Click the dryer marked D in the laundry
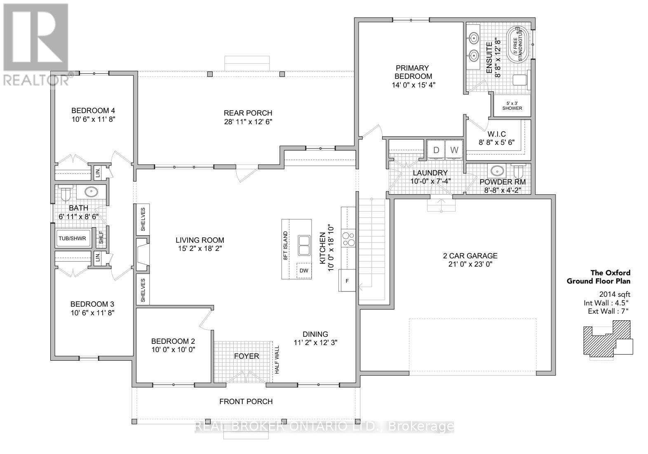(436, 150)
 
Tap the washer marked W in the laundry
(454, 150)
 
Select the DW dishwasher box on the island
(304, 271)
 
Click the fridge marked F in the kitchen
(347, 281)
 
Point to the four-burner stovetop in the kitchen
(348, 238)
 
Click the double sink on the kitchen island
(304, 245)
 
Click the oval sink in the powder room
(497, 171)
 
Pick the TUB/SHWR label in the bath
(72, 239)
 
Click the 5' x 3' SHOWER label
(512, 106)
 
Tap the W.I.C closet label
(496, 134)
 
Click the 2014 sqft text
(615, 294)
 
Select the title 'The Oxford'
(610, 273)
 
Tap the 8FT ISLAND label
(286, 246)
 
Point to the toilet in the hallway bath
(66, 194)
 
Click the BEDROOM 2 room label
(173, 341)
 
